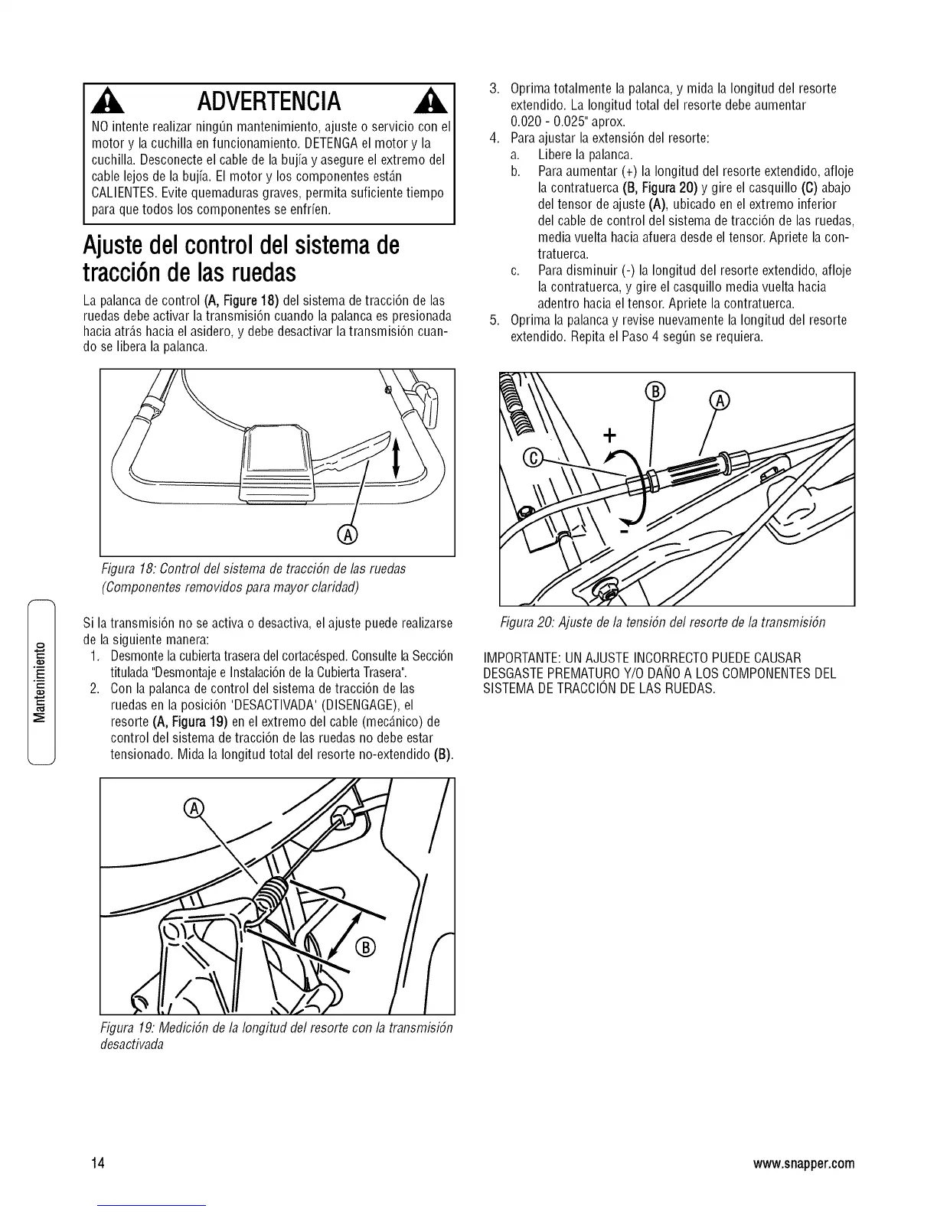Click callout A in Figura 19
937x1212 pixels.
(194, 808)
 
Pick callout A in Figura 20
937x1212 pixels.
(720, 399)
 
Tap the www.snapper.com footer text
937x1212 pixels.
(803, 1164)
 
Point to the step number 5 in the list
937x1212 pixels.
(495, 320)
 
